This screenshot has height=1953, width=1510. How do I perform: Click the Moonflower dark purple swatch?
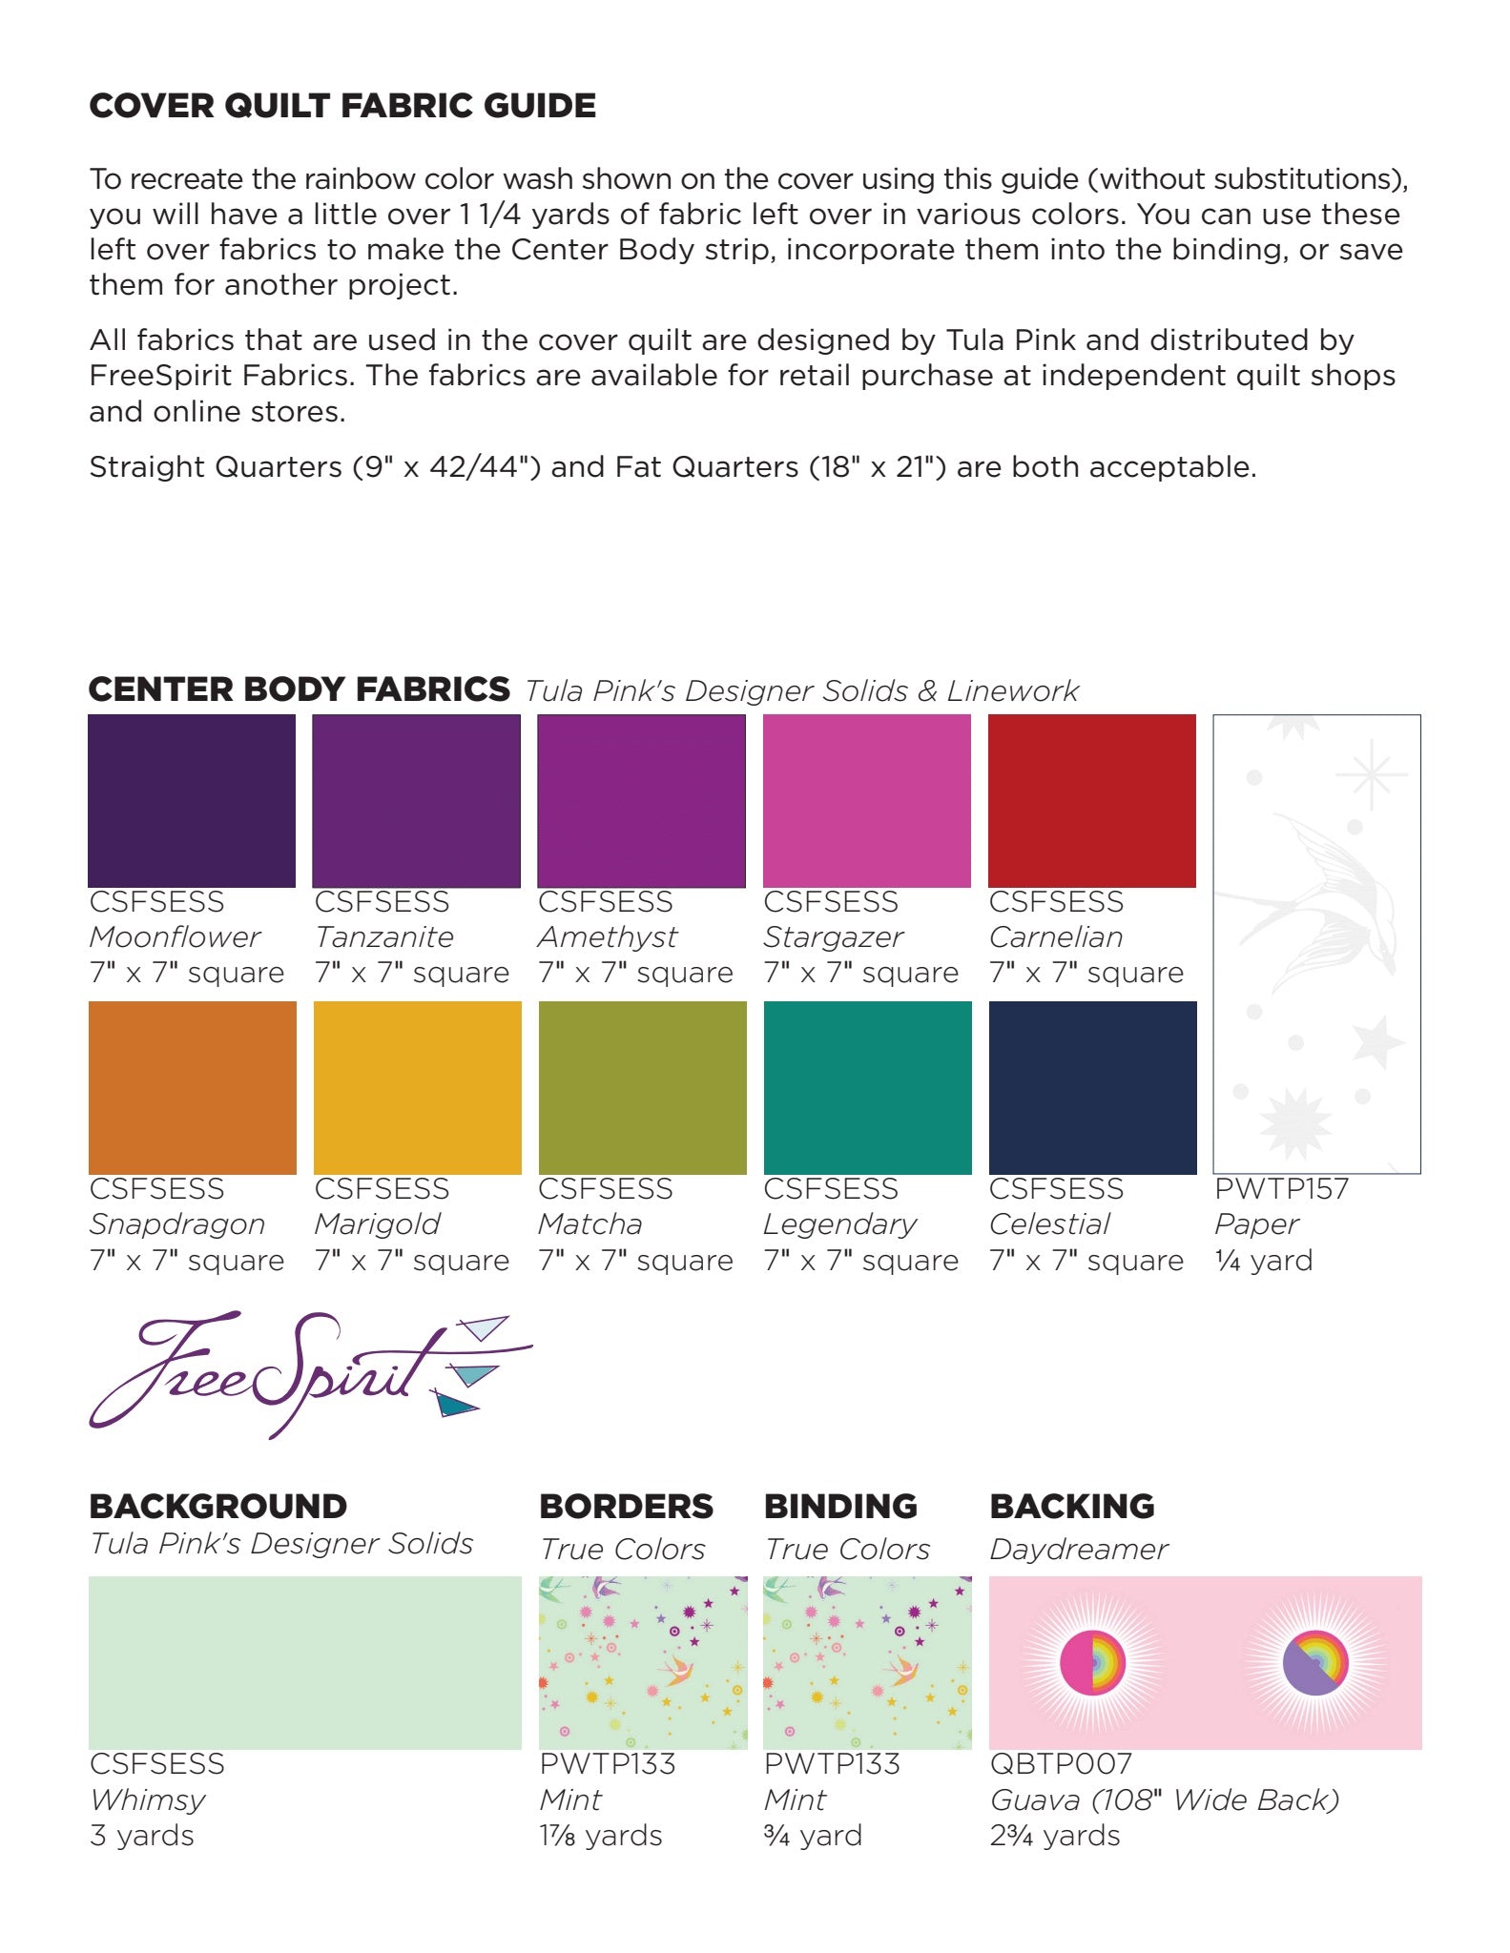coord(192,800)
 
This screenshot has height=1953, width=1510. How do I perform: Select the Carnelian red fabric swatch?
coord(1091,800)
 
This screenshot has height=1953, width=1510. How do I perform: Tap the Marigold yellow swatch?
coord(417,1087)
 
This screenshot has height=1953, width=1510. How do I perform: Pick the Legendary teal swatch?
coord(867,1087)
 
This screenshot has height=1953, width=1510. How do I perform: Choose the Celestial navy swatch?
coord(1092,1087)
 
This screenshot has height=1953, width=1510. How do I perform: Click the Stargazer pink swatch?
coord(866,800)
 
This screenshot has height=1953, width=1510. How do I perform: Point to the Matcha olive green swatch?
coord(642,1087)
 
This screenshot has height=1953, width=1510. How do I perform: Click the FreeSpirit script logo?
coord(305,1373)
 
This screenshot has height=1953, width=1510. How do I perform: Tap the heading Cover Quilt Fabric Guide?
coord(342,105)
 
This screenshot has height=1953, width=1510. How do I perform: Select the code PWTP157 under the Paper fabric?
coord(1281,1188)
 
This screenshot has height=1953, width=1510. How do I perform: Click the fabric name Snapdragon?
coord(177,1223)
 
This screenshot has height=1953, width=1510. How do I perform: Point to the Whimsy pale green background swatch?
coord(304,1662)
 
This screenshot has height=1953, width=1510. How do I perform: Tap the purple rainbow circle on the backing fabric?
coord(1315,1662)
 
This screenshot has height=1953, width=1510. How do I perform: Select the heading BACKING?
coord(1071,1506)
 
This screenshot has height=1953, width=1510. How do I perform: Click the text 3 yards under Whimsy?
coord(141,1835)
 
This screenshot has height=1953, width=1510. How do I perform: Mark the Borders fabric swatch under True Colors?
coord(642,1662)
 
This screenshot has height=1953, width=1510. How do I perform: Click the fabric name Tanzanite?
coord(384,936)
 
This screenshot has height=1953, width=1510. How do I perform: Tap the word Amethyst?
coord(608,936)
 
